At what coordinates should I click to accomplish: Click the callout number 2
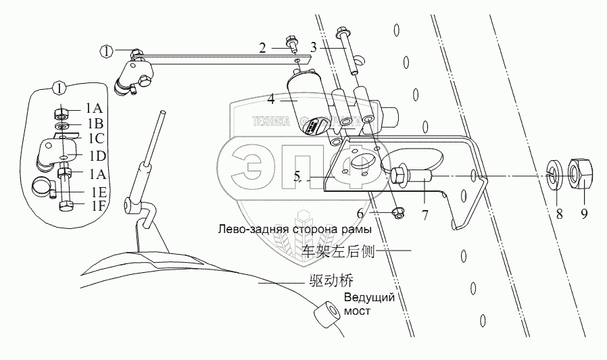click(x=262, y=47)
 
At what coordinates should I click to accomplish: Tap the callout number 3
click(x=314, y=47)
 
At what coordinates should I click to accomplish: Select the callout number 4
click(x=270, y=99)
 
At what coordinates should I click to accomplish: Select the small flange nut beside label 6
click(x=399, y=213)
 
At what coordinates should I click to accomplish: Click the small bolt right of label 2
click(x=292, y=46)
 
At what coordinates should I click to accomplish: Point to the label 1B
click(x=94, y=124)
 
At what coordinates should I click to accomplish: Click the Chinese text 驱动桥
click(x=329, y=280)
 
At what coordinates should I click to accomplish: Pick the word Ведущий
click(x=368, y=299)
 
